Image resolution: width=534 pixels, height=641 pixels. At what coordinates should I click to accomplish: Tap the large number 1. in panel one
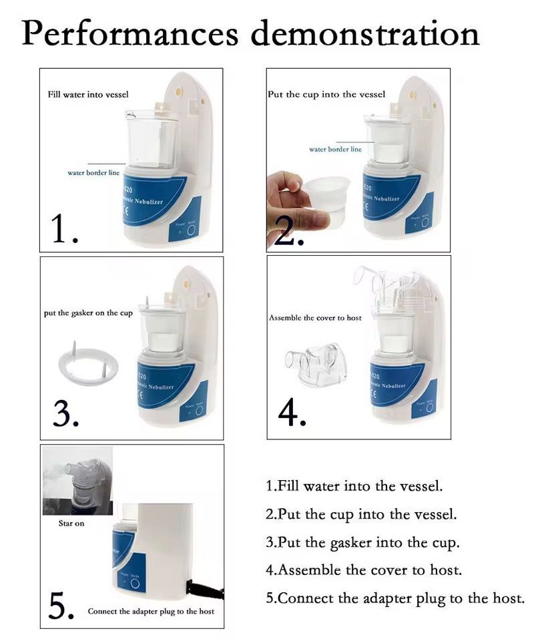pyautogui.click(x=65, y=228)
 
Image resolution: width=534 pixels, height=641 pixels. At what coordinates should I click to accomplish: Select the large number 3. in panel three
pyautogui.click(x=65, y=413)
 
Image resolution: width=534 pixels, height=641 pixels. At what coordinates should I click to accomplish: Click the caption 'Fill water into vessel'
pyautogui.click(x=87, y=95)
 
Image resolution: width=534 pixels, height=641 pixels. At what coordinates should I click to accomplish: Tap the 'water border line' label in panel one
pyautogui.click(x=93, y=173)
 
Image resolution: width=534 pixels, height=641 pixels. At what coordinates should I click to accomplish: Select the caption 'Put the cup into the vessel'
pyautogui.click(x=326, y=95)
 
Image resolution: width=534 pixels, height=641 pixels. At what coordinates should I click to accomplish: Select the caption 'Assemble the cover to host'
pyautogui.click(x=315, y=318)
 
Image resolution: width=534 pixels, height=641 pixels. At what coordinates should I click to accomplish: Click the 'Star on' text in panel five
pyautogui.click(x=71, y=523)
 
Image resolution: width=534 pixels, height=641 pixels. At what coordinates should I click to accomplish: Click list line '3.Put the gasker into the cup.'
pyautogui.click(x=362, y=543)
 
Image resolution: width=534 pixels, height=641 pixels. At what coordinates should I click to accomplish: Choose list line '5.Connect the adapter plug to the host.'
pyautogui.click(x=395, y=598)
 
